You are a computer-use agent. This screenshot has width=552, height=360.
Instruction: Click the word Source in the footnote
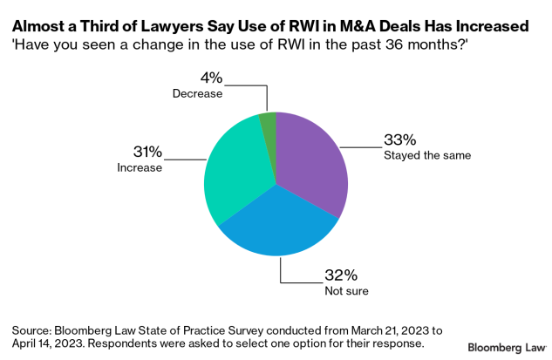[32, 330]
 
